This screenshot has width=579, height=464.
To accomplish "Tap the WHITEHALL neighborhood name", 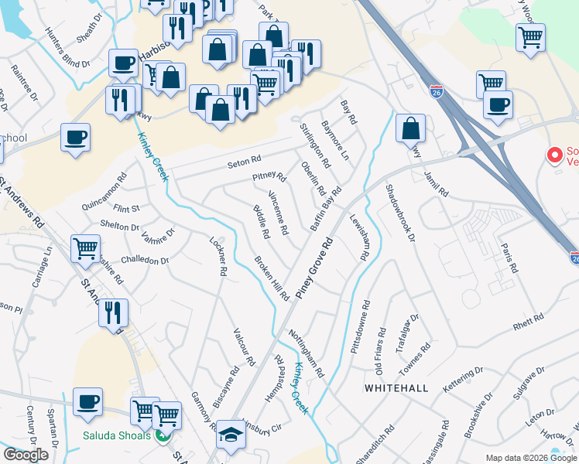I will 396,387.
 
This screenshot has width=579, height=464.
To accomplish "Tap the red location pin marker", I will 554,155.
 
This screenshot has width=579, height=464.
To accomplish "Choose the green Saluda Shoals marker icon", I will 161,435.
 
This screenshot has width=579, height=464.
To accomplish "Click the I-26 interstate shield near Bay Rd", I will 437,91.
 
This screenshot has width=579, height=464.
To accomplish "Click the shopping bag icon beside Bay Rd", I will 410,128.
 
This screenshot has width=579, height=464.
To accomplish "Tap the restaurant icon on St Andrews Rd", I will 113,312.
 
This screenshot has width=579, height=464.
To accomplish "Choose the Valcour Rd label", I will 245,346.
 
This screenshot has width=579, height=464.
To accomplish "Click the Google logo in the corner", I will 26,455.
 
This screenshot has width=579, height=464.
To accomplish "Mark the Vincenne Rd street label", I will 278,213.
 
